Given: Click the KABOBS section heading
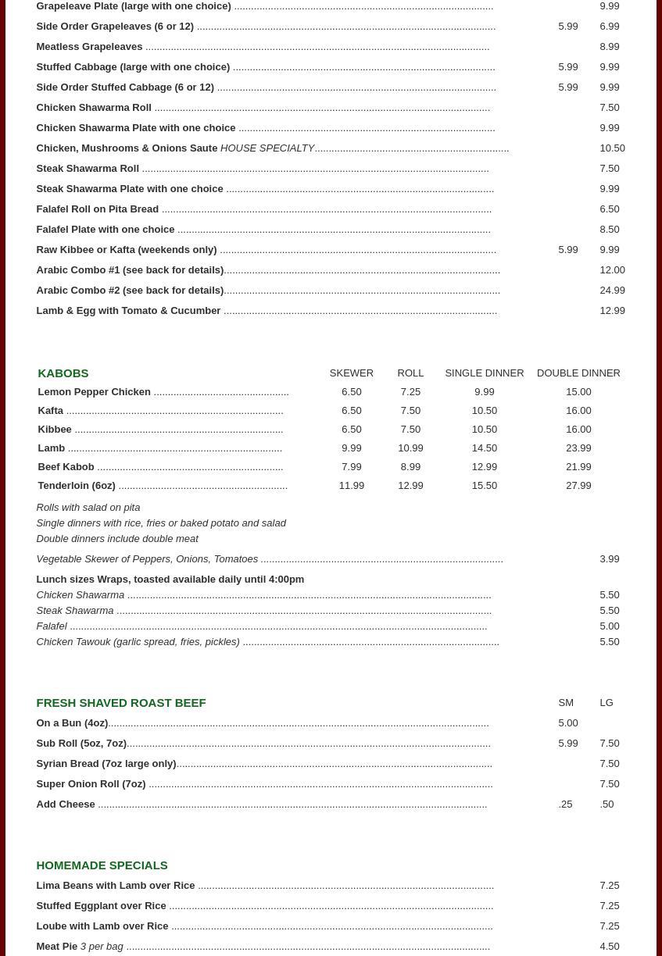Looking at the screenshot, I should pyautogui.click(x=63, y=373).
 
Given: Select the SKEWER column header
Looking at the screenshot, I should pyautogui.click(x=351, y=373).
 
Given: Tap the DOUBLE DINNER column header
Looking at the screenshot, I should pyautogui.click(x=578, y=373).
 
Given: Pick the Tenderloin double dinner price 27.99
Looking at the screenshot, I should pyautogui.click(x=578, y=486).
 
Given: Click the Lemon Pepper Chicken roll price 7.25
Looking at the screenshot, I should pyautogui.click(x=410, y=392).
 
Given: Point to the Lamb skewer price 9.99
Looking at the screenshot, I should pyautogui.click(x=351, y=448).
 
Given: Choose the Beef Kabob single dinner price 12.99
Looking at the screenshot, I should pyautogui.click(x=484, y=467).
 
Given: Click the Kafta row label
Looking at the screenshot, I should pyautogui.click(x=51, y=411).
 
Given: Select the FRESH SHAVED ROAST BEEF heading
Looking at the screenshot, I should pyautogui.click(x=121, y=703).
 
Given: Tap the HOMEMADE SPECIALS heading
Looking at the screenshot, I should pyautogui.click(x=102, y=865).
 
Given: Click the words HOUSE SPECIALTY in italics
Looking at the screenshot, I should pyautogui.click(x=267, y=148).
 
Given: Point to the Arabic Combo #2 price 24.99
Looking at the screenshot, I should pyautogui.click(x=612, y=291).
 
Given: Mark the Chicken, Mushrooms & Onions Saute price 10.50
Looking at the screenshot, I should pyautogui.click(x=612, y=148).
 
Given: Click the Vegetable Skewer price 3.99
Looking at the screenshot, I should pyautogui.click(x=609, y=559).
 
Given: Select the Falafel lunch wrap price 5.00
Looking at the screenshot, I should pyautogui.click(x=609, y=626).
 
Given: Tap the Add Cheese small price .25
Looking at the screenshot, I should pyautogui.click(x=565, y=804).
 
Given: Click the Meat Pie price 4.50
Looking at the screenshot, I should pyautogui.click(x=609, y=947).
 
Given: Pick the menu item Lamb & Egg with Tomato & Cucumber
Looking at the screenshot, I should pyautogui.click(x=128, y=311).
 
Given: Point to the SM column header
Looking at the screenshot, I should pyautogui.click(x=566, y=703).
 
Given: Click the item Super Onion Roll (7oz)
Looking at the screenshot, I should pyautogui.click(x=91, y=784).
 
